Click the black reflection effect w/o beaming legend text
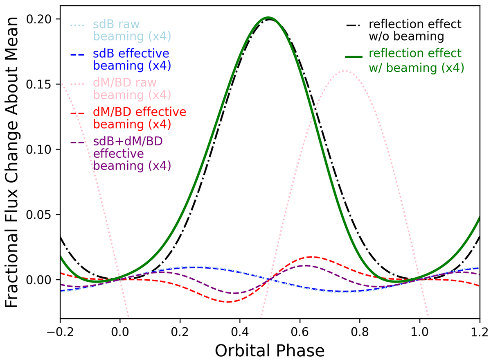tap(415, 30)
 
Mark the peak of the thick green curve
tap(268, 18)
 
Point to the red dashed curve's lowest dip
tap(227, 302)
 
